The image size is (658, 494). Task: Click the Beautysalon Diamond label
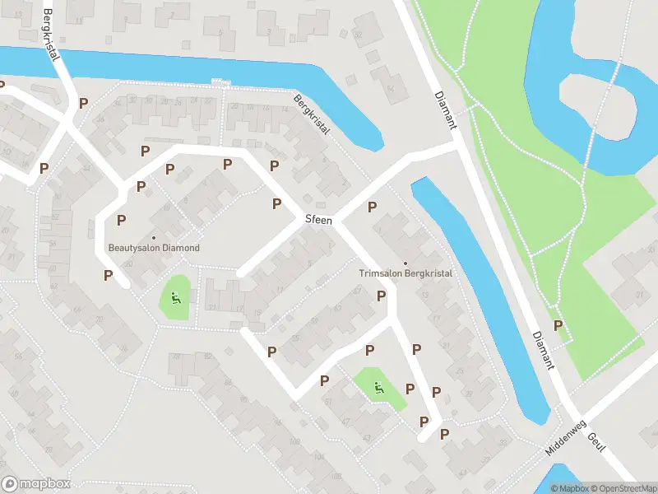(154, 248)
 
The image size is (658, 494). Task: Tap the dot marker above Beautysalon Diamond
(154, 238)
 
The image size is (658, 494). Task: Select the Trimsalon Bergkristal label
(405, 273)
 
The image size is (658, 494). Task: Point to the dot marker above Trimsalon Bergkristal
(405, 263)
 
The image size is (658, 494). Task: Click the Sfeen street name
(318, 220)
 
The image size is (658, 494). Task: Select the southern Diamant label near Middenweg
(543, 351)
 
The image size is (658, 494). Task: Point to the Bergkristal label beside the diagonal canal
(312, 114)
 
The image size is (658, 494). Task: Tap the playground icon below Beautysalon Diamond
(175, 297)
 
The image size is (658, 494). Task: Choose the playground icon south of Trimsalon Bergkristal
(378, 389)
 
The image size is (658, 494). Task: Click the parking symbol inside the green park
(558, 325)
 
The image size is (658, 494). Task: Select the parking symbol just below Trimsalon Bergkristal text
(381, 296)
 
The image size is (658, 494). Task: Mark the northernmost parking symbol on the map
(83, 104)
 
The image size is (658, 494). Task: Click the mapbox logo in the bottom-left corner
(36, 484)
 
